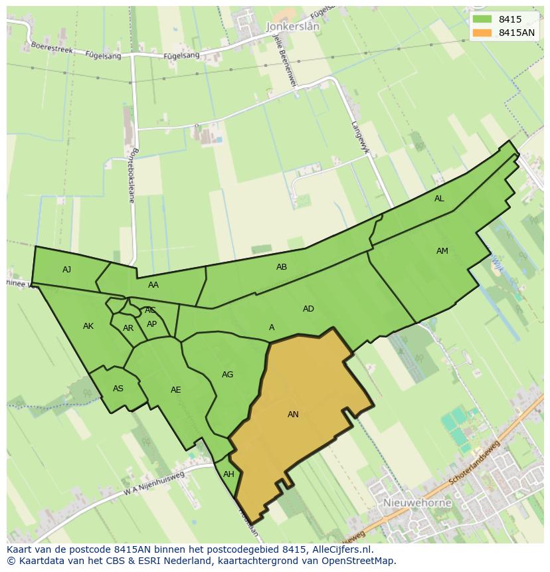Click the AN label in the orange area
pos(293,415)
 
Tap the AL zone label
pos(439,199)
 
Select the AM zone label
pos(442,251)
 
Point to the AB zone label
pos(282,267)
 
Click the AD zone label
pos(308,309)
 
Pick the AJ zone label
pos(66,270)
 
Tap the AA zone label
pos(153,285)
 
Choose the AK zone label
pos(88,326)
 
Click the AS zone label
pos(118,389)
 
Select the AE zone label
pos(175,390)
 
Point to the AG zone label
pos(227,375)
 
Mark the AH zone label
pos(229,474)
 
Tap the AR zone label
pos(128,328)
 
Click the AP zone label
pos(152,324)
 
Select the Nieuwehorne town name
pos(417,503)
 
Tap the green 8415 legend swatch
pos(482,20)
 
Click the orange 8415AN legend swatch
pos(482,33)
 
